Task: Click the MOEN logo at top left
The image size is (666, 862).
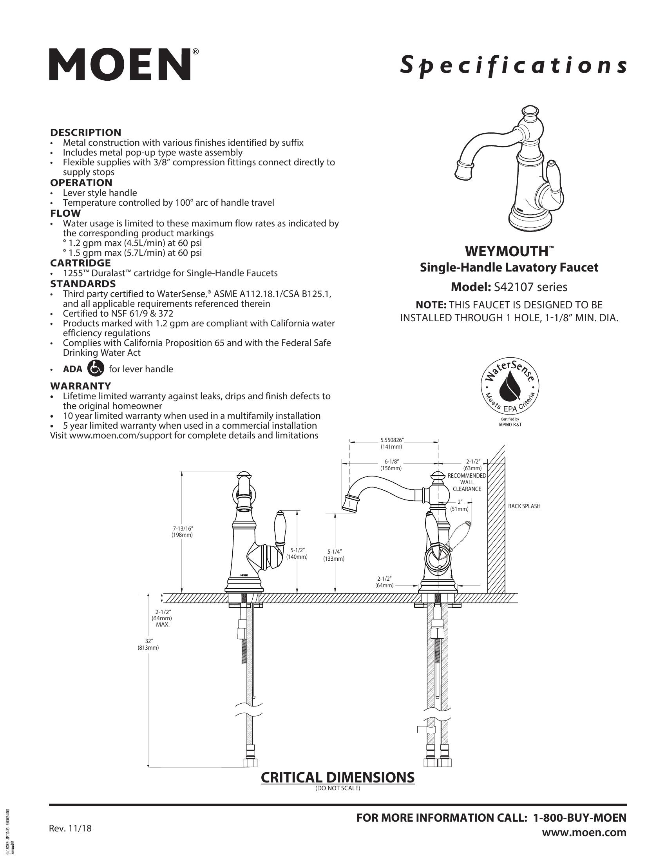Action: pos(123,64)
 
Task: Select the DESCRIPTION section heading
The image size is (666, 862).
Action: pos(86,132)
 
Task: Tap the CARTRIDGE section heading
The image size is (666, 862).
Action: pos(80,263)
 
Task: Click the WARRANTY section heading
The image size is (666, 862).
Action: pos(80,386)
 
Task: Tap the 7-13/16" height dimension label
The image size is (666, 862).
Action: pos(182,532)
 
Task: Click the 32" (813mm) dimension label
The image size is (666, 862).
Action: pos(148,645)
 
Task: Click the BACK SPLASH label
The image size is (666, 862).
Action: pos(524,506)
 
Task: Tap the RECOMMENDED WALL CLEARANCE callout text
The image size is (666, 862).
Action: pos(467,482)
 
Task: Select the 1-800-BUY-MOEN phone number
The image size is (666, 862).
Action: pos(579,818)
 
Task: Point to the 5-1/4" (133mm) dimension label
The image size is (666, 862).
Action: pos(334,555)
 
